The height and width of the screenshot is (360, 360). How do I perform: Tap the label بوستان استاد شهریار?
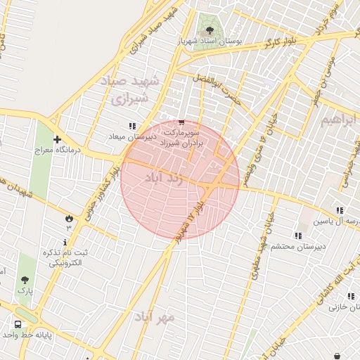coord(210,42)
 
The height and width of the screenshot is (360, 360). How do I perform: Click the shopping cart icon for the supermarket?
coord(182,122)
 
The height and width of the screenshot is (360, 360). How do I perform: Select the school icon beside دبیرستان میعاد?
coord(132,126)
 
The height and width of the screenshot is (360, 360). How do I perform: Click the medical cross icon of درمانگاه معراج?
coord(57,139)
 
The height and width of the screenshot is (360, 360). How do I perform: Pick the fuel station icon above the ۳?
coord(69,218)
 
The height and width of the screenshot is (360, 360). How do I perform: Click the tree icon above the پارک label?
coord(26,280)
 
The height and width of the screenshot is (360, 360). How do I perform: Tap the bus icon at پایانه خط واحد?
coord(18,325)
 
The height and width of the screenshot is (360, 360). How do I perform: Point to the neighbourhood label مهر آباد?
coord(155,317)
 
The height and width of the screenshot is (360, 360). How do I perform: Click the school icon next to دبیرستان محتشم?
coord(297,236)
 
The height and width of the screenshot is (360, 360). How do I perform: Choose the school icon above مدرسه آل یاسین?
coord(340,210)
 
